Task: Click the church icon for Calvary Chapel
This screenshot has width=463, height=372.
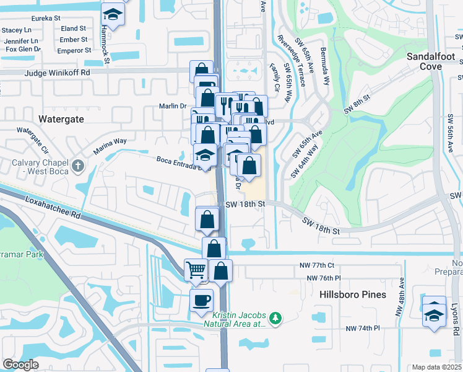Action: coord(77,166)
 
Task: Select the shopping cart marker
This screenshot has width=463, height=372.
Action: coord(196,270)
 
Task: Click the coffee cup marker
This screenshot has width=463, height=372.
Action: coord(201,301)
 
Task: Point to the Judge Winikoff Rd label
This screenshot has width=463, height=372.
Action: coord(58,73)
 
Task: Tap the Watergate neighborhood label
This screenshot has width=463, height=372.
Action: coord(61,118)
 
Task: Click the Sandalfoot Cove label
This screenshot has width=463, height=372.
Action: coord(431,61)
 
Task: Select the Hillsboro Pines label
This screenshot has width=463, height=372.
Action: coord(353,295)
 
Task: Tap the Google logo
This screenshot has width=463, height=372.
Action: coord(20,365)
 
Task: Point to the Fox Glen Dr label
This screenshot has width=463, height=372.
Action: coord(21,49)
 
